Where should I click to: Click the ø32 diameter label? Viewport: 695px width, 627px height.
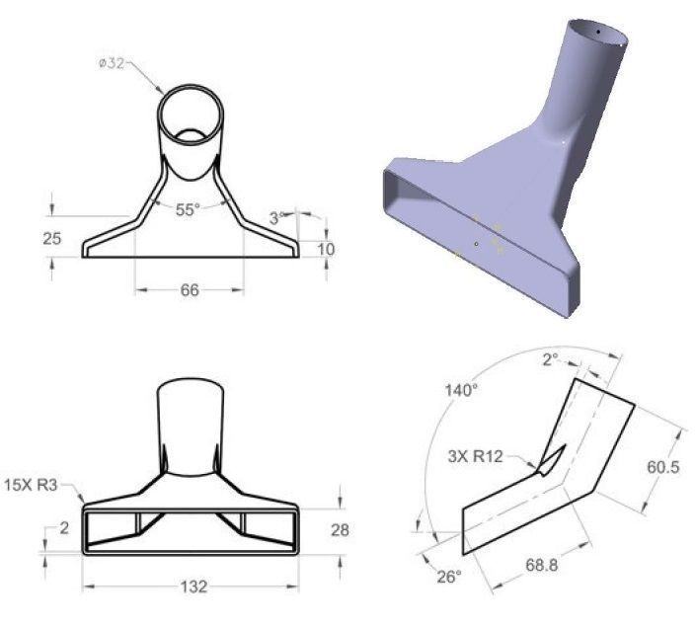click(x=111, y=64)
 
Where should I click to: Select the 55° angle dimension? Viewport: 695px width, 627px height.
click(x=188, y=209)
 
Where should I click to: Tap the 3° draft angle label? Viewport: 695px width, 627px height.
click(x=276, y=217)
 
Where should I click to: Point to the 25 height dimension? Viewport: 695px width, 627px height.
click(x=27, y=237)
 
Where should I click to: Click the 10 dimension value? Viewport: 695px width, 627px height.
click(x=325, y=249)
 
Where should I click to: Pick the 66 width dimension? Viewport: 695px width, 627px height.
click(x=189, y=289)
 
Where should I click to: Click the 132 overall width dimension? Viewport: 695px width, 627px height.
click(x=194, y=587)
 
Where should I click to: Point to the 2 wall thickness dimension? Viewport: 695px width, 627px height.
click(x=64, y=529)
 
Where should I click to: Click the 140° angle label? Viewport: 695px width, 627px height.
click(x=461, y=391)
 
